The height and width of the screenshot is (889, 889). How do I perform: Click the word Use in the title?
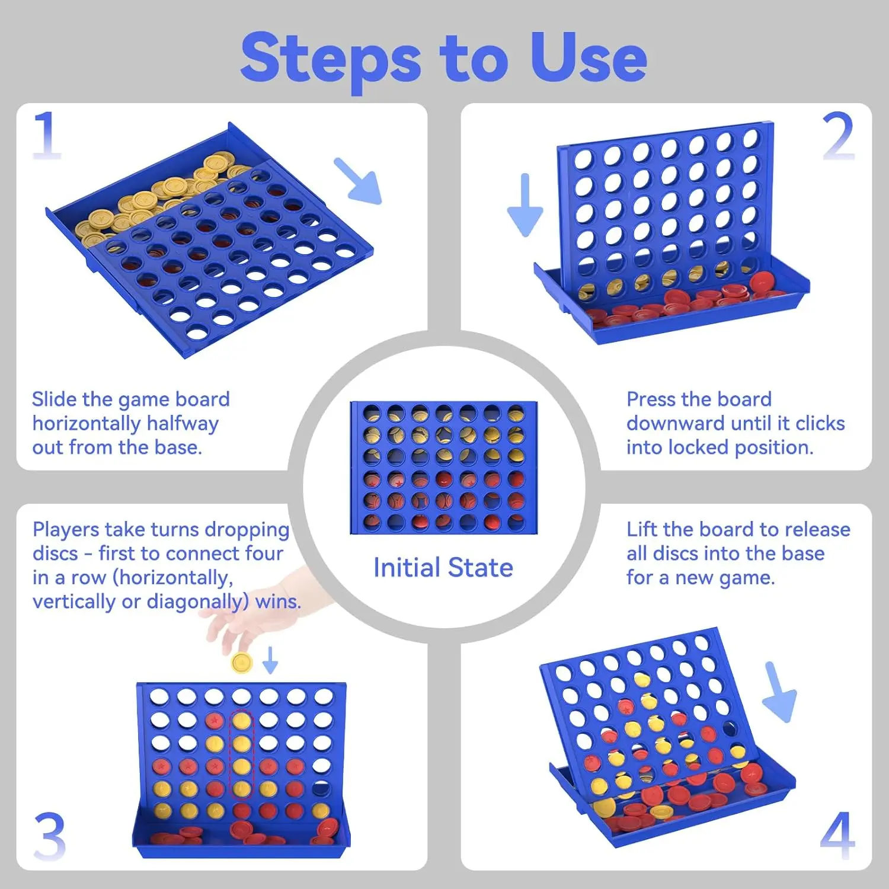pos(588,57)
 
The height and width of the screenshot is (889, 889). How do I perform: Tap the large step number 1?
pos(47,135)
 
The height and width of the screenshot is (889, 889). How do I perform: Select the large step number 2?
pos(838,136)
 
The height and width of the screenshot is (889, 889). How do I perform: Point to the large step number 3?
pos(50,836)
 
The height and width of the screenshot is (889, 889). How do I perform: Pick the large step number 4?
pos(838,836)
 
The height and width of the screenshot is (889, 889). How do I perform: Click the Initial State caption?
pos(443,567)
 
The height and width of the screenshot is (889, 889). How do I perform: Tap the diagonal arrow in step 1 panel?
pos(357,181)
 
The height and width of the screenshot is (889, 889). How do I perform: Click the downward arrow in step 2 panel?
pos(525,205)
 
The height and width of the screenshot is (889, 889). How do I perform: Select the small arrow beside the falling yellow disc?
pos(270,660)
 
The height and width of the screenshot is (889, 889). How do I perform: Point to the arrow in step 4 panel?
pos(779,692)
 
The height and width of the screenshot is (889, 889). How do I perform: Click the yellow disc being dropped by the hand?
pos(242,663)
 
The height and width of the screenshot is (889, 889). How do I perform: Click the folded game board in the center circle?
pos(443,468)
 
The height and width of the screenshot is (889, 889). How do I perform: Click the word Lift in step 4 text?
pos(641,529)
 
